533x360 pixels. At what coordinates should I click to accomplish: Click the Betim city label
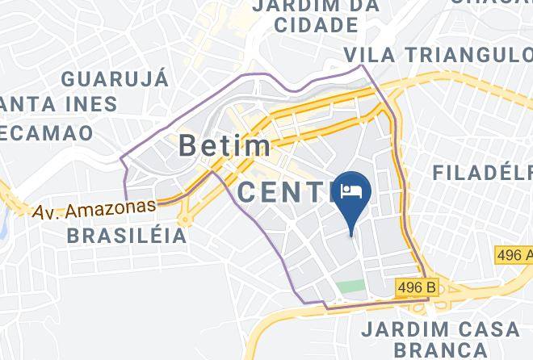224,146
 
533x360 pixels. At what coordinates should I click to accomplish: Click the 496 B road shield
417,287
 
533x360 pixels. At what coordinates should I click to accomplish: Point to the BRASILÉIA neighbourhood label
127,237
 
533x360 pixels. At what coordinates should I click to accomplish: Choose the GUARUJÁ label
115,79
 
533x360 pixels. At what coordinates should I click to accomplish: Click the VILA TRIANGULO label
437,54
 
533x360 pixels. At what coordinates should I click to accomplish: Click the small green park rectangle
350,286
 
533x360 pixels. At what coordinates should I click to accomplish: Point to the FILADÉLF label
482,173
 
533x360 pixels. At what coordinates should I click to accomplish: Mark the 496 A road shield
515,255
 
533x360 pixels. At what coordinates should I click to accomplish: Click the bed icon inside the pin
352,190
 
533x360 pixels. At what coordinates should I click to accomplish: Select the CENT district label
286,192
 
